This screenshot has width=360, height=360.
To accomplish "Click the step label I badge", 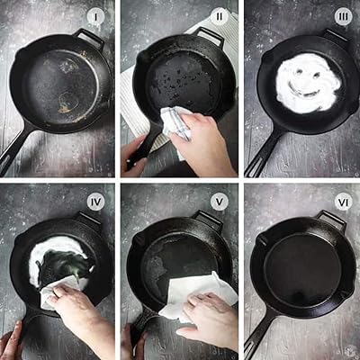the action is point(96,17).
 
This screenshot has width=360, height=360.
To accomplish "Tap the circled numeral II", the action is point(220,17).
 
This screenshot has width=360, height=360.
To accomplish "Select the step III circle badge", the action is point(343,17).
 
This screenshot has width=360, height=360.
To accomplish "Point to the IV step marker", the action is point(96,202).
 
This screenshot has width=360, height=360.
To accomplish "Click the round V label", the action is point(220,202).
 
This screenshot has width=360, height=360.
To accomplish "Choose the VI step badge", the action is point(343,202).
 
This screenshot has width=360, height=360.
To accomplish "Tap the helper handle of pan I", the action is point(89,37).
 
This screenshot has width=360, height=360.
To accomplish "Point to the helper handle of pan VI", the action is point(331,219).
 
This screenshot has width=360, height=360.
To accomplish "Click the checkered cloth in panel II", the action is point(176,123).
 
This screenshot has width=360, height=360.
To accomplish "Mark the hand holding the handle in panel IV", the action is point(12,342).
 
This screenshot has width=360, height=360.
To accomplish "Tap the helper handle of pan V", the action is point(208,219).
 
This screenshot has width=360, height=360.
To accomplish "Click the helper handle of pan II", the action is point(210,35).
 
